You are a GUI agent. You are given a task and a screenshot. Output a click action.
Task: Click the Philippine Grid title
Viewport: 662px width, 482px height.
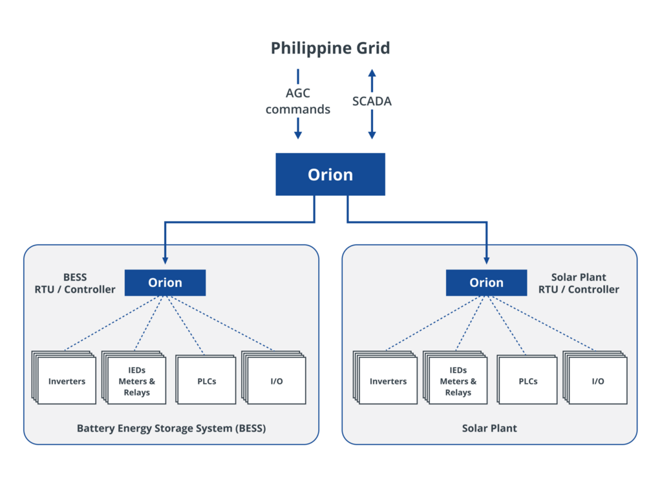pyautogui.click(x=330, y=48)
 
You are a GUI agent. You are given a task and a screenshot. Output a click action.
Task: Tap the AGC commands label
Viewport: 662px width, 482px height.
pyautogui.click(x=297, y=101)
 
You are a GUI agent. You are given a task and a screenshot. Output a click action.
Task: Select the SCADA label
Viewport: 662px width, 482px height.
pyautogui.click(x=372, y=101)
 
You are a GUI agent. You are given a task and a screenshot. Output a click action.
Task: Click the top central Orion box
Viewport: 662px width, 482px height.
pyautogui.click(x=330, y=174)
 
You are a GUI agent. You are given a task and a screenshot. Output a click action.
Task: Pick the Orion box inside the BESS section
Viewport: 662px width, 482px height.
pyautogui.click(x=165, y=282)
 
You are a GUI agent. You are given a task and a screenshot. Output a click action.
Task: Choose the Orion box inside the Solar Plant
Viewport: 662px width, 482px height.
pyautogui.click(x=486, y=282)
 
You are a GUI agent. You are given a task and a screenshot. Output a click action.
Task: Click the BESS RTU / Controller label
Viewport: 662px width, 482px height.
pyautogui.click(x=75, y=284)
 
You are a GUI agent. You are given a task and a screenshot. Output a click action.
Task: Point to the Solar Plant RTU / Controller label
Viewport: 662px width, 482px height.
pyautogui.click(x=579, y=284)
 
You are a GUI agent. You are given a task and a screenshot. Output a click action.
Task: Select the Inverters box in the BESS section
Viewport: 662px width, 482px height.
pyautogui.click(x=67, y=381)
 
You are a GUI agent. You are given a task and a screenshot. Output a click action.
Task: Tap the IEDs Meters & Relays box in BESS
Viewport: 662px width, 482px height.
pyautogui.click(x=136, y=381)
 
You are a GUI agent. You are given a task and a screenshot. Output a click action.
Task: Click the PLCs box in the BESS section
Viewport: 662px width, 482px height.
pyautogui.click(x=206, y=381)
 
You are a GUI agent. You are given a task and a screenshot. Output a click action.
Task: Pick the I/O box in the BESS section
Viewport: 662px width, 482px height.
pyautogui.click(x=276, y=381)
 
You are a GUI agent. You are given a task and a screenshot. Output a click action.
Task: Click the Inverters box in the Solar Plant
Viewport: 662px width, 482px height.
pyautogui.click(x=388, y=381)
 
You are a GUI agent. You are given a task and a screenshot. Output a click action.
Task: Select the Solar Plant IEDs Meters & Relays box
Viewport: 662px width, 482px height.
pyautogui.click(x=458, y=381)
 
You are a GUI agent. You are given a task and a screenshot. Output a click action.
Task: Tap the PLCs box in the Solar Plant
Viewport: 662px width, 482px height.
pyautogui.click(x=528, y=381)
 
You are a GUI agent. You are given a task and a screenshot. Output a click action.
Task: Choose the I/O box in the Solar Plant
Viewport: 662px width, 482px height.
pyautogui.click(x=597, y=381)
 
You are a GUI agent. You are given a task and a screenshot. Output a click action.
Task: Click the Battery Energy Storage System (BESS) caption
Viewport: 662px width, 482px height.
pyautogui.click(x=171, y=428)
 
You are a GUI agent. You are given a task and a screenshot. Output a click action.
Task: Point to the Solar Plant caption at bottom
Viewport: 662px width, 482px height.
pyautogui.click(x=489, y=428)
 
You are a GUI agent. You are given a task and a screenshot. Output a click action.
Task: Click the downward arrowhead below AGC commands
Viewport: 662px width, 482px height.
pyautogui.click(x=297, y=134)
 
